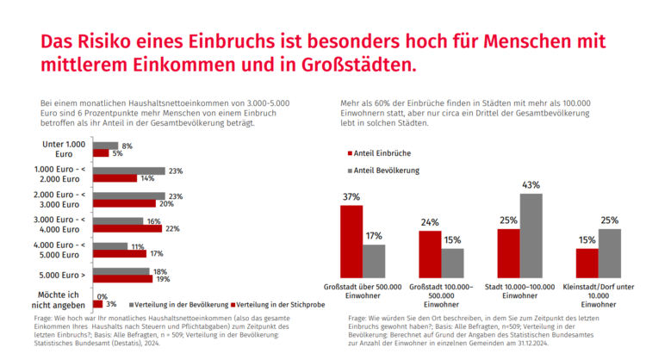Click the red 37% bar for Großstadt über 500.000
click(351, 239)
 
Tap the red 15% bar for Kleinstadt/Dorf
click(587, 260)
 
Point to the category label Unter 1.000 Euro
click(65, 149)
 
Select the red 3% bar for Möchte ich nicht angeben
click(96, 304)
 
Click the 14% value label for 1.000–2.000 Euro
click(147, 178)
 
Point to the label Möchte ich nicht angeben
click(65, 300)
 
